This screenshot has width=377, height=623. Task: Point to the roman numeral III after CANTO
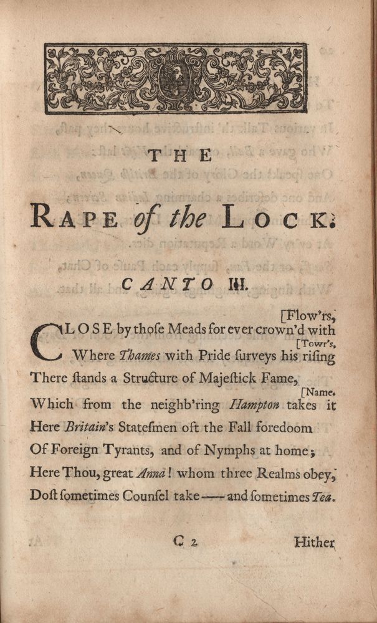coord(223,284)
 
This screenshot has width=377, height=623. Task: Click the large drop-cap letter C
coord(45,341)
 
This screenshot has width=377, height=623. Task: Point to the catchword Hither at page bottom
coord(315,543)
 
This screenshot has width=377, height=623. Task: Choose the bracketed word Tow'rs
coord(317,343)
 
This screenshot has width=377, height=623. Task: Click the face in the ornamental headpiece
coord(175,77)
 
